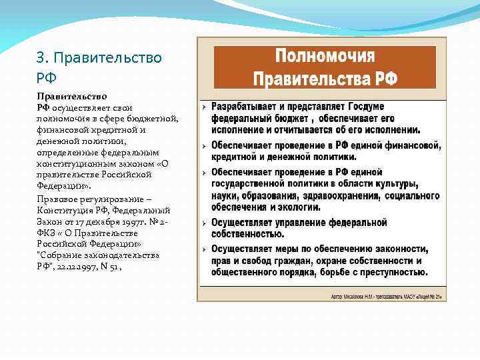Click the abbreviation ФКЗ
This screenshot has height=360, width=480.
45,232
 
